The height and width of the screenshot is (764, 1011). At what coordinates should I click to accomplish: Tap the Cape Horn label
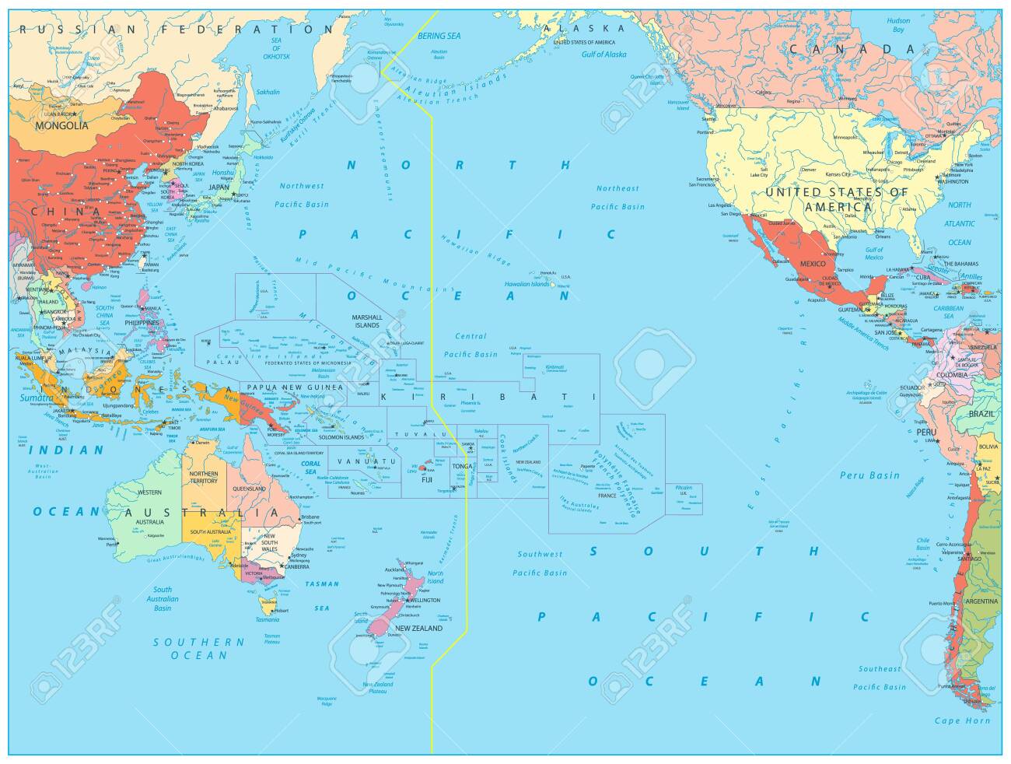[x=963, y=720]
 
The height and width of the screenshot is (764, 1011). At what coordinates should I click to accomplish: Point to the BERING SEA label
[x=439, y=36]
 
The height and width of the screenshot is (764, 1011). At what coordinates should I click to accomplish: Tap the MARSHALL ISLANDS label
[x=367, y=321]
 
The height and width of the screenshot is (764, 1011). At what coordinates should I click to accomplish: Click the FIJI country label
[x=426, y=479]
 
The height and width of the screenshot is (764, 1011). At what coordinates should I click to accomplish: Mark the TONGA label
[x=462, y=466]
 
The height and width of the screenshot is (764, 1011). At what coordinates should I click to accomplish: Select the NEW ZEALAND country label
[x=418, y=628]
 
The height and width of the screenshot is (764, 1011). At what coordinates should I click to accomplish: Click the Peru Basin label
[x=869, y=475]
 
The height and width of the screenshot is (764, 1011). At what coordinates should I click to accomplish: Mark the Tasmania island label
[x=267, y=619]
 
